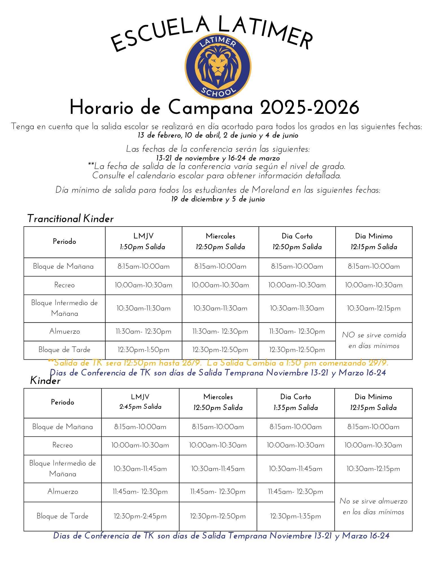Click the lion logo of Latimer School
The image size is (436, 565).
click(x=218, y=67)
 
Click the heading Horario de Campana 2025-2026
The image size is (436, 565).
click(x=214, y=107)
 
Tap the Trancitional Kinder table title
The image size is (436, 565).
click(x=70, y=219)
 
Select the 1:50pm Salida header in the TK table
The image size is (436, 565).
click(x=143, y=247)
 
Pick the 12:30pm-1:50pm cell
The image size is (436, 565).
click(x=144, y=350)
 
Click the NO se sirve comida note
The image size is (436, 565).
click(x=374, y=340)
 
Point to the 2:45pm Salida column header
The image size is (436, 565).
click(x=140, y=407)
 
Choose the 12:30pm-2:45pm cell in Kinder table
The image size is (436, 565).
click(x=140, y=516)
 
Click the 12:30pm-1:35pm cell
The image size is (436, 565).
click(x=295, y=516)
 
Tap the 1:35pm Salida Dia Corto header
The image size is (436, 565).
click(x=295, y=408)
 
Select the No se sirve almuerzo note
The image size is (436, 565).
click(x=373, y=507)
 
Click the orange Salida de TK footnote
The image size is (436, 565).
click(x=218, y=362)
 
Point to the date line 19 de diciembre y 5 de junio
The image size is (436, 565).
click(x=218, y=199)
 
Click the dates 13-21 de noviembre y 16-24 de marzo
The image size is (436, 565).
click(x=218, y=158)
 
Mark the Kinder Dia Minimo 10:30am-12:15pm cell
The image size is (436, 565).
click(x=373, y=469)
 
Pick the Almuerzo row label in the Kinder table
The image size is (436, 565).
click(x=63, y=492)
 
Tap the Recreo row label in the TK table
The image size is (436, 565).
click(x=65, y=285)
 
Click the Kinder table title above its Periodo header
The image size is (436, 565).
click(x=45, y=381)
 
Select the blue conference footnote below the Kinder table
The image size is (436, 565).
click(x=221, y=536)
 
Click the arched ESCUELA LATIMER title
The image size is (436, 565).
click(x=212, y=32)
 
